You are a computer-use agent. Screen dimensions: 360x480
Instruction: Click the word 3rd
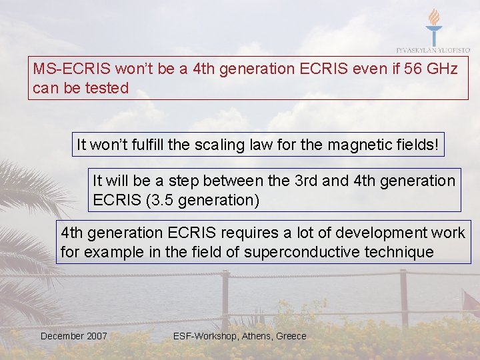click(x=303, y=181)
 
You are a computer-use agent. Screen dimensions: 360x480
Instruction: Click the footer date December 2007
click(x=73, y=336)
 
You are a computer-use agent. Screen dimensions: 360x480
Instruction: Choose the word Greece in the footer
click(x=291, y=336)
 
